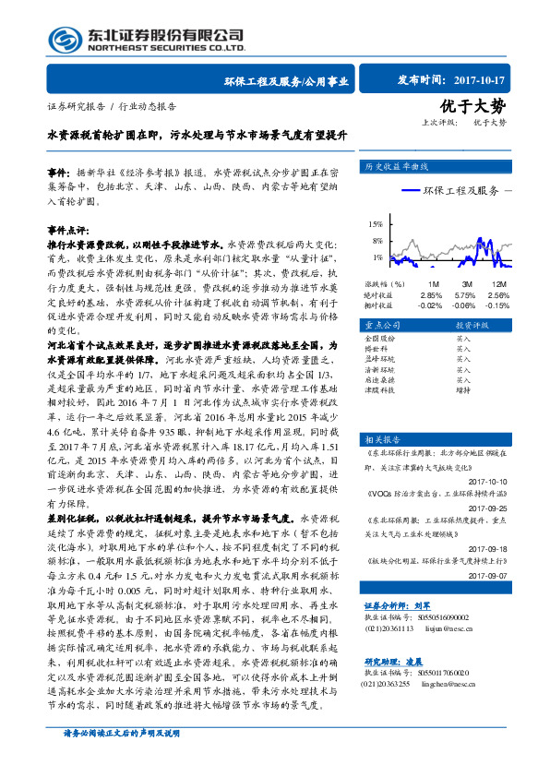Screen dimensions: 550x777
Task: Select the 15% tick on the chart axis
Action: coord(375,224)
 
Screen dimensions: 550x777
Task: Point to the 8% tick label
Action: coord(377,241)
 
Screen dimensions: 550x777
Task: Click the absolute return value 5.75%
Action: coord(465,294)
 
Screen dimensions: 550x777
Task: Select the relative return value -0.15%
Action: coord(498,305)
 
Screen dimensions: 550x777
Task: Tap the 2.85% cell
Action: coord(431,294)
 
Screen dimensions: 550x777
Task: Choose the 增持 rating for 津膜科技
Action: coord(464,389)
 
